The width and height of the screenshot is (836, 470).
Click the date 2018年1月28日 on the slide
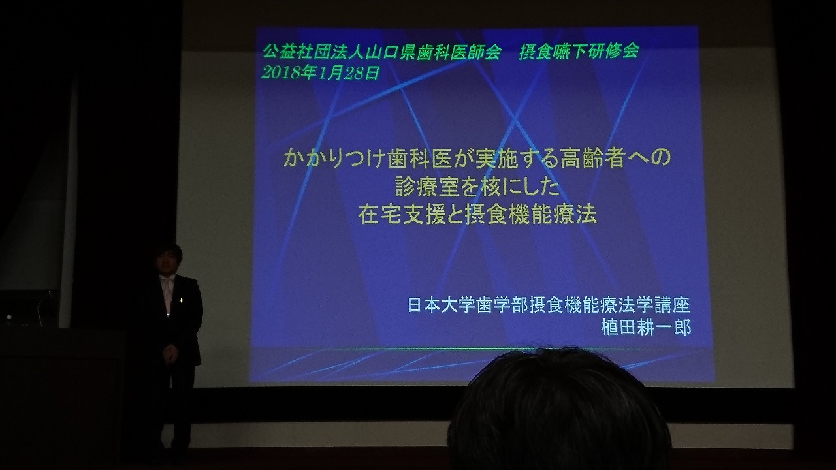[x=320, y=73]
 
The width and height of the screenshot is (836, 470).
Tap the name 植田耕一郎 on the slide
[x=646, y=328]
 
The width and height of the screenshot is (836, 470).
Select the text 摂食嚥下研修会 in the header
[x=579, y=51]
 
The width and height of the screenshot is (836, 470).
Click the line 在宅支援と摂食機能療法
[x=477, y=215]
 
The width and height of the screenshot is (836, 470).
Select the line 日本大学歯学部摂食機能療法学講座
[x=549, y=305]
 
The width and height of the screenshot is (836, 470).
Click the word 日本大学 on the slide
[x=443, y=305]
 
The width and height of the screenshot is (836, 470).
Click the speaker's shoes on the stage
[x=177, y=450]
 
